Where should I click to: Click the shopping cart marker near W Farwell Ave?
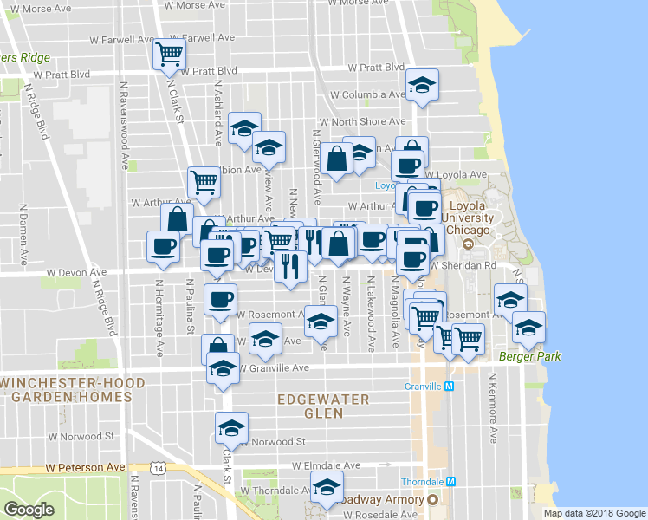tap(169, 55)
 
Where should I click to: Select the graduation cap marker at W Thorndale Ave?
tap(327, 490)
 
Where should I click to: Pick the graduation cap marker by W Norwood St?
tap(231, 428)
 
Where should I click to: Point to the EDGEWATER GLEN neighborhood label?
tap(323, 406)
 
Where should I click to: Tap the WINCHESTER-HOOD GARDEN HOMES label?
tap(66, 389)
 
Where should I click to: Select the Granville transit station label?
tap(424, 387)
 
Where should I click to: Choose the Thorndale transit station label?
tap(422, 481)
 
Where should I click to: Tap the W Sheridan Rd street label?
tap(464, 266)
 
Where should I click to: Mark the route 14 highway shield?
tap(157, 468)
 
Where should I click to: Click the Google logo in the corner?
tap(29, 509)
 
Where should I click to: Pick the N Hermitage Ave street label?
tap(159, 317)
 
